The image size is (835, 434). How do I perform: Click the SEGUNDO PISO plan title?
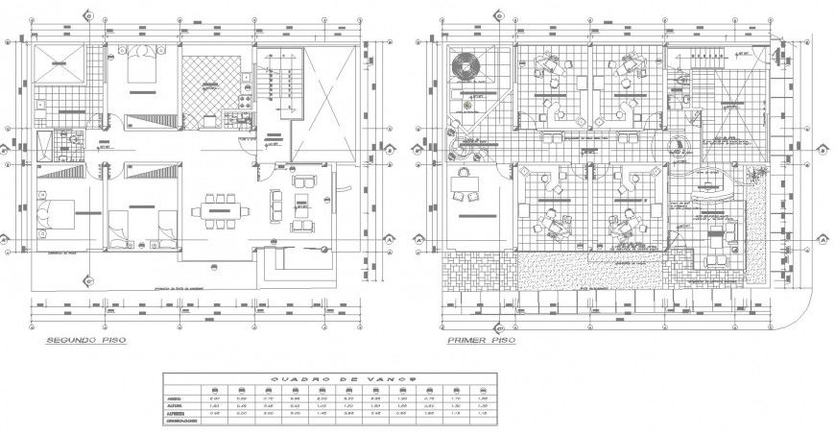click(x=86, y=341)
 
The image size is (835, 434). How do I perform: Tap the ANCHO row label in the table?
click(x=176, y=395)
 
